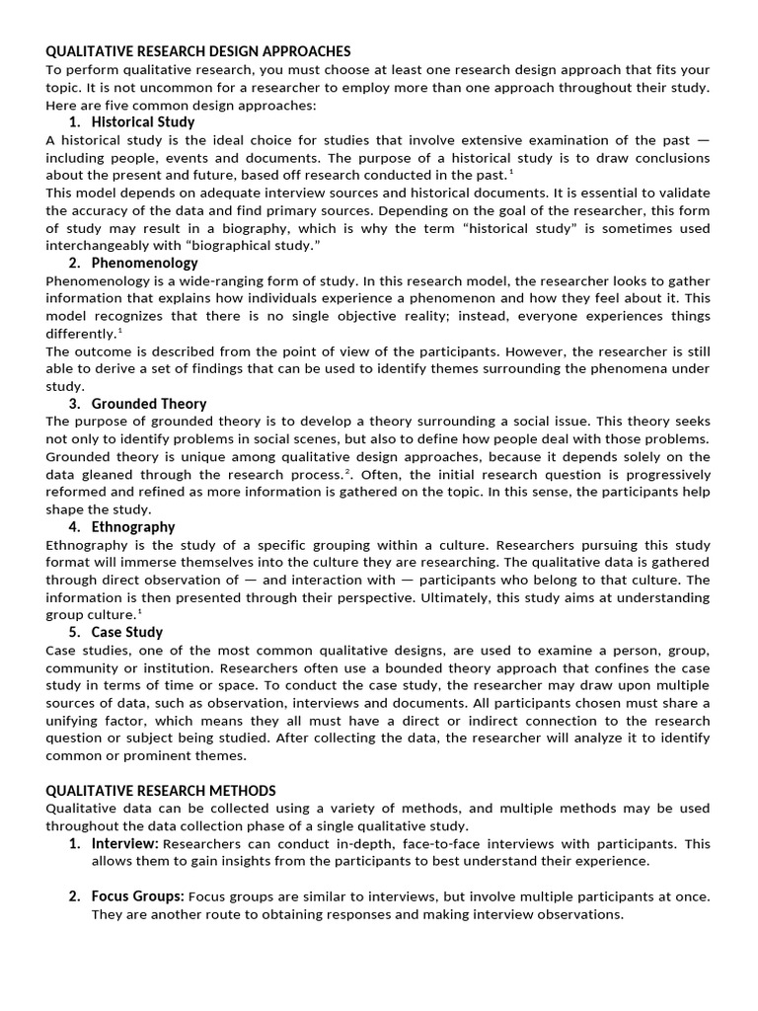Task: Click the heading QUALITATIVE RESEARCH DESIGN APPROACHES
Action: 197,50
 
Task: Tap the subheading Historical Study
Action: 143,122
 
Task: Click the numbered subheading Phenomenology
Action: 144,263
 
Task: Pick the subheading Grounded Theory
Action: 149,404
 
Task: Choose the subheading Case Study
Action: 127,632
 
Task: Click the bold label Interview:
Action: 125,844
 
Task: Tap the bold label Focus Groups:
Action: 137,896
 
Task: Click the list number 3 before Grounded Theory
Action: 74,404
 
